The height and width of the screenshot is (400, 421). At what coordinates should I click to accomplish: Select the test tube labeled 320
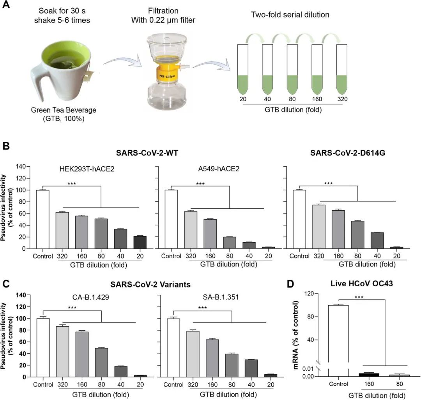341,70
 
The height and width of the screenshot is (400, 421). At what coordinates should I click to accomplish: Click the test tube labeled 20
243,70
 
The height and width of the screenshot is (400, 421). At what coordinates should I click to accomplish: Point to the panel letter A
7,7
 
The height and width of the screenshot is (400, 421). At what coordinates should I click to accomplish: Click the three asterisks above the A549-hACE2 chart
200,184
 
